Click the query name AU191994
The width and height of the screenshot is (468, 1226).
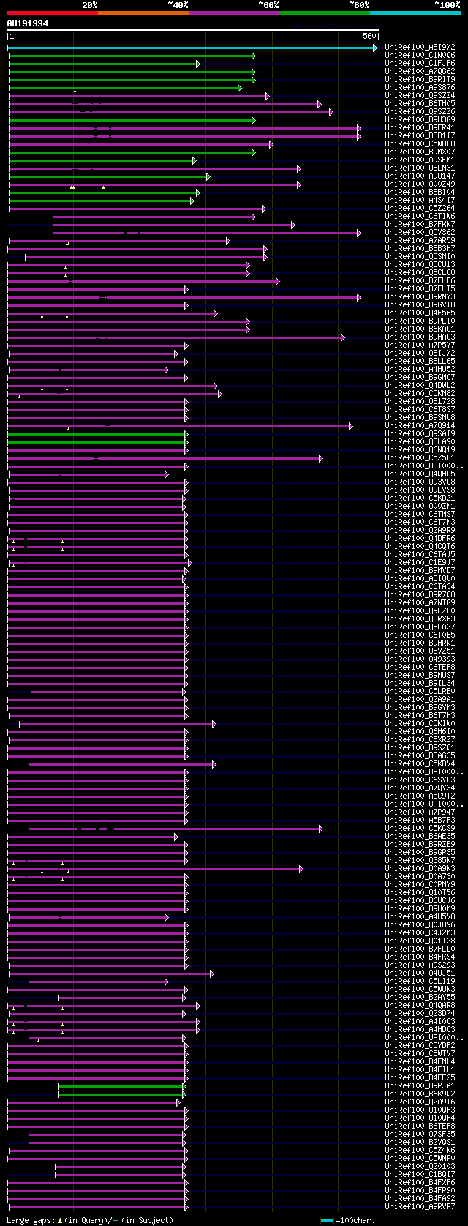(28, 23)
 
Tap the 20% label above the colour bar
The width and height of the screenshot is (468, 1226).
(89, 5)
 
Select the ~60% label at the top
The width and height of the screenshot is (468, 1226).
(268, 5)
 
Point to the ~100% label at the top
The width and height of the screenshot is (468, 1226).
(447, 5)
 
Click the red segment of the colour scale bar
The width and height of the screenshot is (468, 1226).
(52, 12)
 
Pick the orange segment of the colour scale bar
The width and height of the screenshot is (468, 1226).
(143, 12)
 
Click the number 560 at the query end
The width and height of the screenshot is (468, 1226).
(369, 36)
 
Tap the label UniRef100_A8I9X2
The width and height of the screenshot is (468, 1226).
(420, 48)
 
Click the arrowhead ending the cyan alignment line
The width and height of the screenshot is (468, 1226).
(375, 48)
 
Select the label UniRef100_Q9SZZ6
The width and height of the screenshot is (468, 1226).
(420, 112)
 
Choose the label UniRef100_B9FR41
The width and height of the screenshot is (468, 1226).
(420, 128)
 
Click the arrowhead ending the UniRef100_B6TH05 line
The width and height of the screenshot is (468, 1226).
(320, 104)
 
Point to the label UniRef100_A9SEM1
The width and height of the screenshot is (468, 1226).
(420, 160)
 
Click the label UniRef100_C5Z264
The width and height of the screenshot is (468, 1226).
(420, 209)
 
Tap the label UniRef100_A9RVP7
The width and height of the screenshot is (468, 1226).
(420, 1207)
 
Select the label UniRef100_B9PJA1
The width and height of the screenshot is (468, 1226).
(420, 1086)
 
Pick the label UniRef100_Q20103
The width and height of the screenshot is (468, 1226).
(420, 1167)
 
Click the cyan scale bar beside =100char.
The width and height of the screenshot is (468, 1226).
(327, 1220)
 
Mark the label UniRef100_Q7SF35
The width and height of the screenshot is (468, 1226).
(420, 1135)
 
